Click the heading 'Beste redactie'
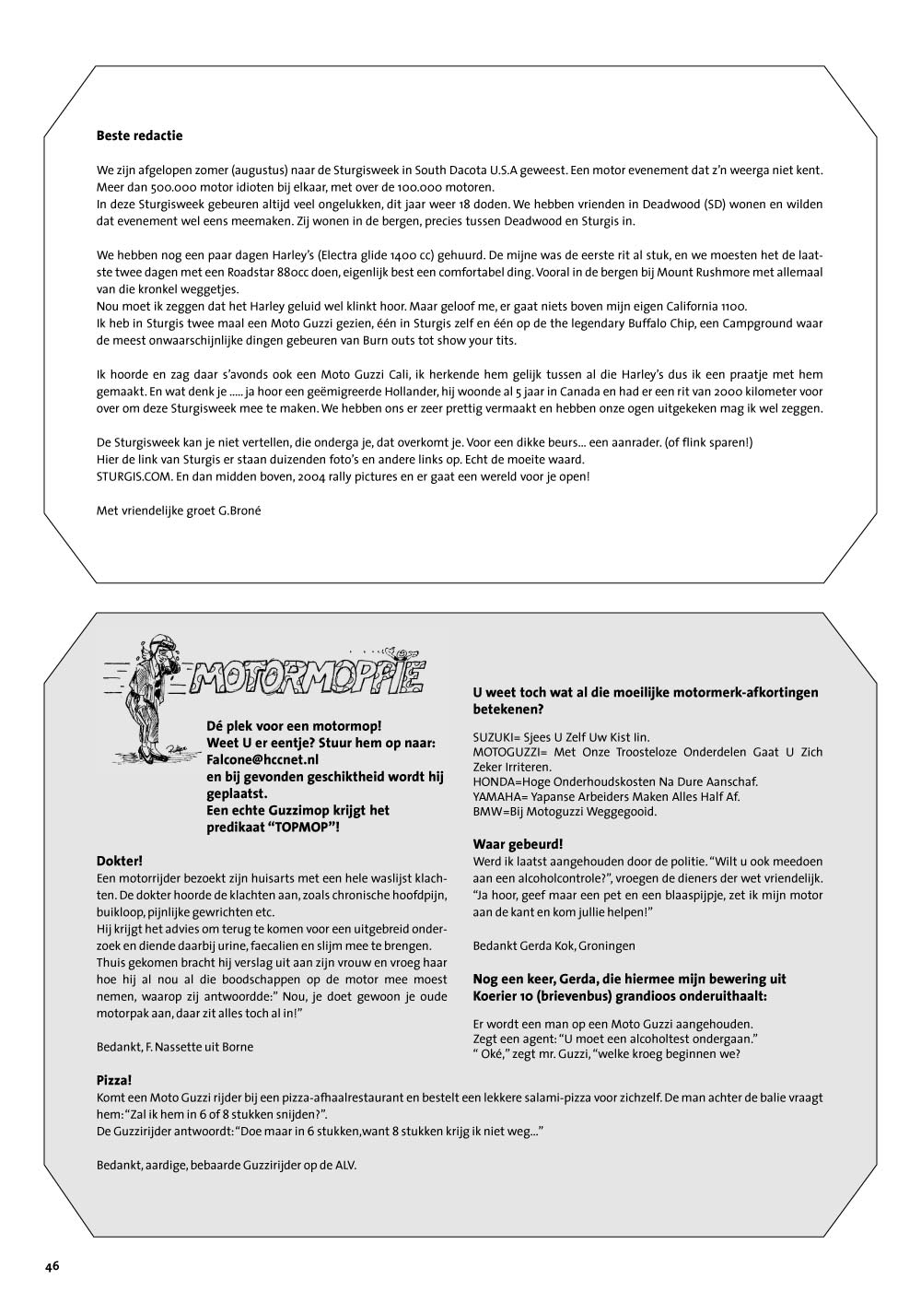coord(139,135)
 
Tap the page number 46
coord(52,1265)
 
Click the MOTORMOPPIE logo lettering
coord(308,677)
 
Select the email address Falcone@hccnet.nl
coord(262,760)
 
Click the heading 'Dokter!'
coord(119,861)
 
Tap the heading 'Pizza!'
coord(114,1079)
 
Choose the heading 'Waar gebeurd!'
coord(518,844)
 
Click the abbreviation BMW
coord(486,812)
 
